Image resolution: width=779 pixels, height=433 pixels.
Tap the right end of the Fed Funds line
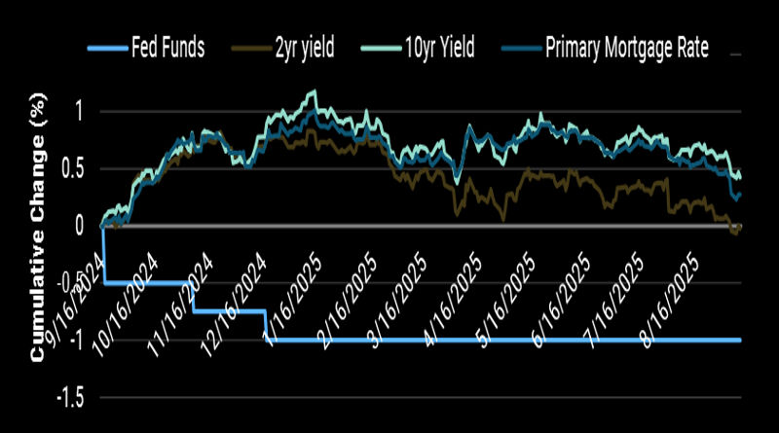tap(742, 340)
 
